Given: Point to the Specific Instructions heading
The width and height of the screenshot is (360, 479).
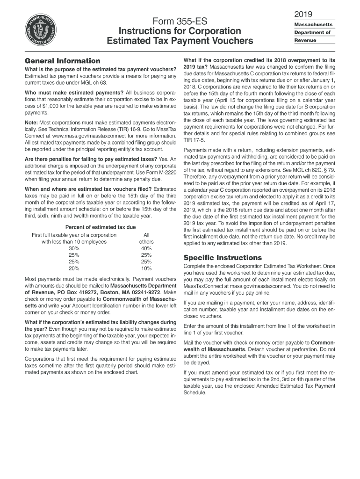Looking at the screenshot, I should pyautogui.click(x=223, y=258).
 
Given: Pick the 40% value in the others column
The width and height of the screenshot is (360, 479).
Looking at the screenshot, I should pyautogui.click(x=146, y=248).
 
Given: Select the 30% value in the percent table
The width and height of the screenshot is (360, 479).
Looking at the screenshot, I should pyautogui.click(x=74, y=248).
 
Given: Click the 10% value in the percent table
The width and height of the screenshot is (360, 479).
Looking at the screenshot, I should pyautogui.click(x=146, y=269).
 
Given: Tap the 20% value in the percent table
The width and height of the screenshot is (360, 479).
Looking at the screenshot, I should pyautogui.click(x=74, y=269).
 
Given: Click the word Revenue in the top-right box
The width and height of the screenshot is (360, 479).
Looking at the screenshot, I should pyautogui.click(x=305, y=40).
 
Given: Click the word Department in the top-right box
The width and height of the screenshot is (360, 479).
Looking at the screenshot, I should pyautogui.click(x=312, y=32).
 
